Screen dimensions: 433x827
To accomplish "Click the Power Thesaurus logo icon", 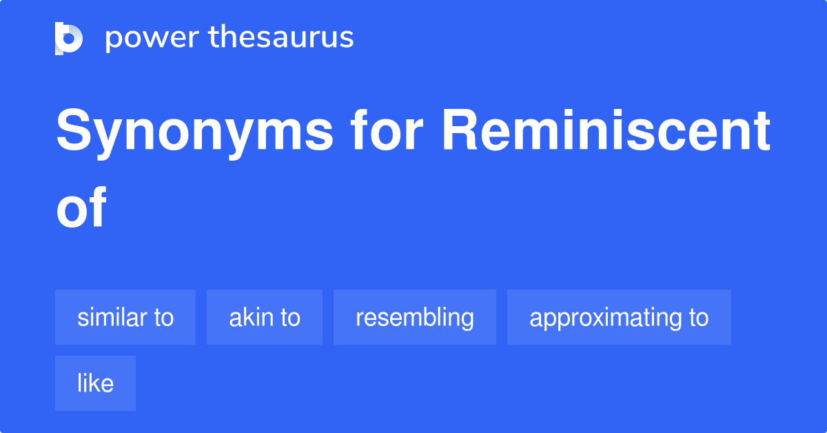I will coord(69,38).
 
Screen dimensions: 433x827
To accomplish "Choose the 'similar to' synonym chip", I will coord(125,317).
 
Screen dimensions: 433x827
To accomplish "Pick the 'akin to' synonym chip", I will coord(265,317).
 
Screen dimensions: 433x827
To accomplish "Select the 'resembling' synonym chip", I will coord(415,317).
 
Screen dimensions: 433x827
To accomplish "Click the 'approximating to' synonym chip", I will coord(619,317).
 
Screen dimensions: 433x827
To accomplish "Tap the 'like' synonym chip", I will coord(95,383).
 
